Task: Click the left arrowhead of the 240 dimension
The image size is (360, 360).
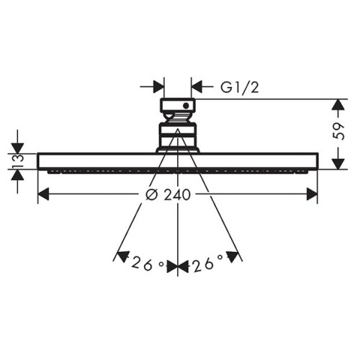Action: coord(43,194)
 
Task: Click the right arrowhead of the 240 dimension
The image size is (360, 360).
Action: coord(312,194)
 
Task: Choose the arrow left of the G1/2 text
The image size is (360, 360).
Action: coord(198,86)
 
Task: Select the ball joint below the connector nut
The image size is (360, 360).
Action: coord(177,135)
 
